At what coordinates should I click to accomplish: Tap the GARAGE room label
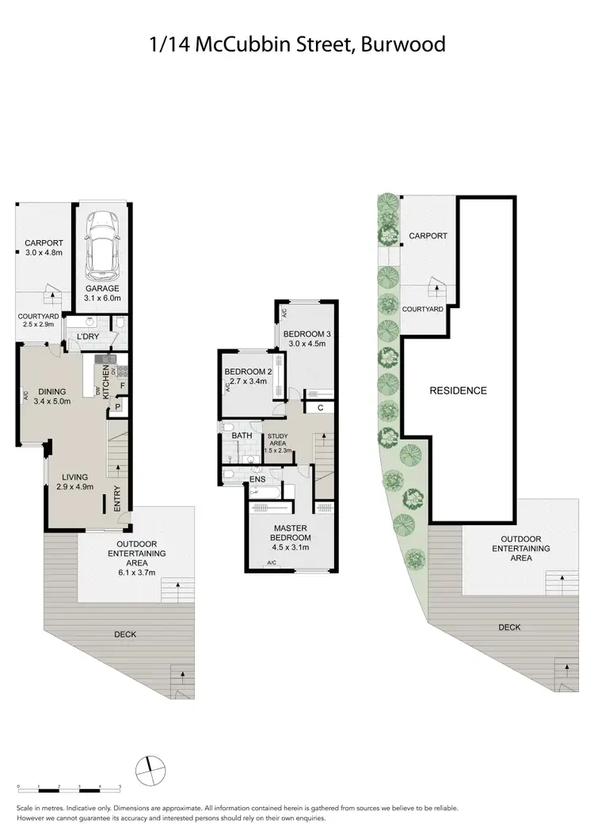pos(102,289)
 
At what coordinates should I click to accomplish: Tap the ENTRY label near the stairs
pos(117,497)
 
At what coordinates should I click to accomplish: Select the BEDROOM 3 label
pos(307,333)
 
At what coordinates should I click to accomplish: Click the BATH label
pos(242,435)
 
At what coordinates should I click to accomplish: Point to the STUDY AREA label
pos(277,439)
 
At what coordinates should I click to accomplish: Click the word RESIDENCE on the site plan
pos(458,390)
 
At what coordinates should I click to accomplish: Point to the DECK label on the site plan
pos(509,627)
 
